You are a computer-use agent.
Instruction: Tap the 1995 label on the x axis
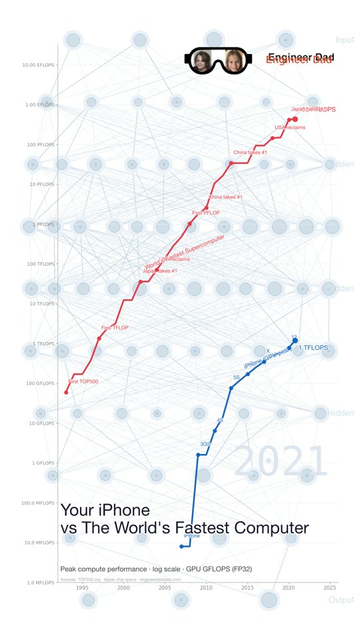[82, 588]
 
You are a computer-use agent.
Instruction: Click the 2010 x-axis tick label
[206, 588]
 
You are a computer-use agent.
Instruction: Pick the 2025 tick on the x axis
[329, 588]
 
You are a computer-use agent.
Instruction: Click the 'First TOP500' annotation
[83, 381]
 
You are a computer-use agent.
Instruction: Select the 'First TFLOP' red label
[115, 327]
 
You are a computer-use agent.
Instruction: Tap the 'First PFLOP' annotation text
[206, 213]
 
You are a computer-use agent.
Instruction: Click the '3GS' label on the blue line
[205, 444]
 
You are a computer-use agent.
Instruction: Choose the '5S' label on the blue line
[236, 377]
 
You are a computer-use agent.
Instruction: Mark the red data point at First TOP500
[66, 392]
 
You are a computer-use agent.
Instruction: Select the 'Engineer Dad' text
[300, 59]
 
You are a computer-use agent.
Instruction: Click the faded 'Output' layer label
[341, 600]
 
